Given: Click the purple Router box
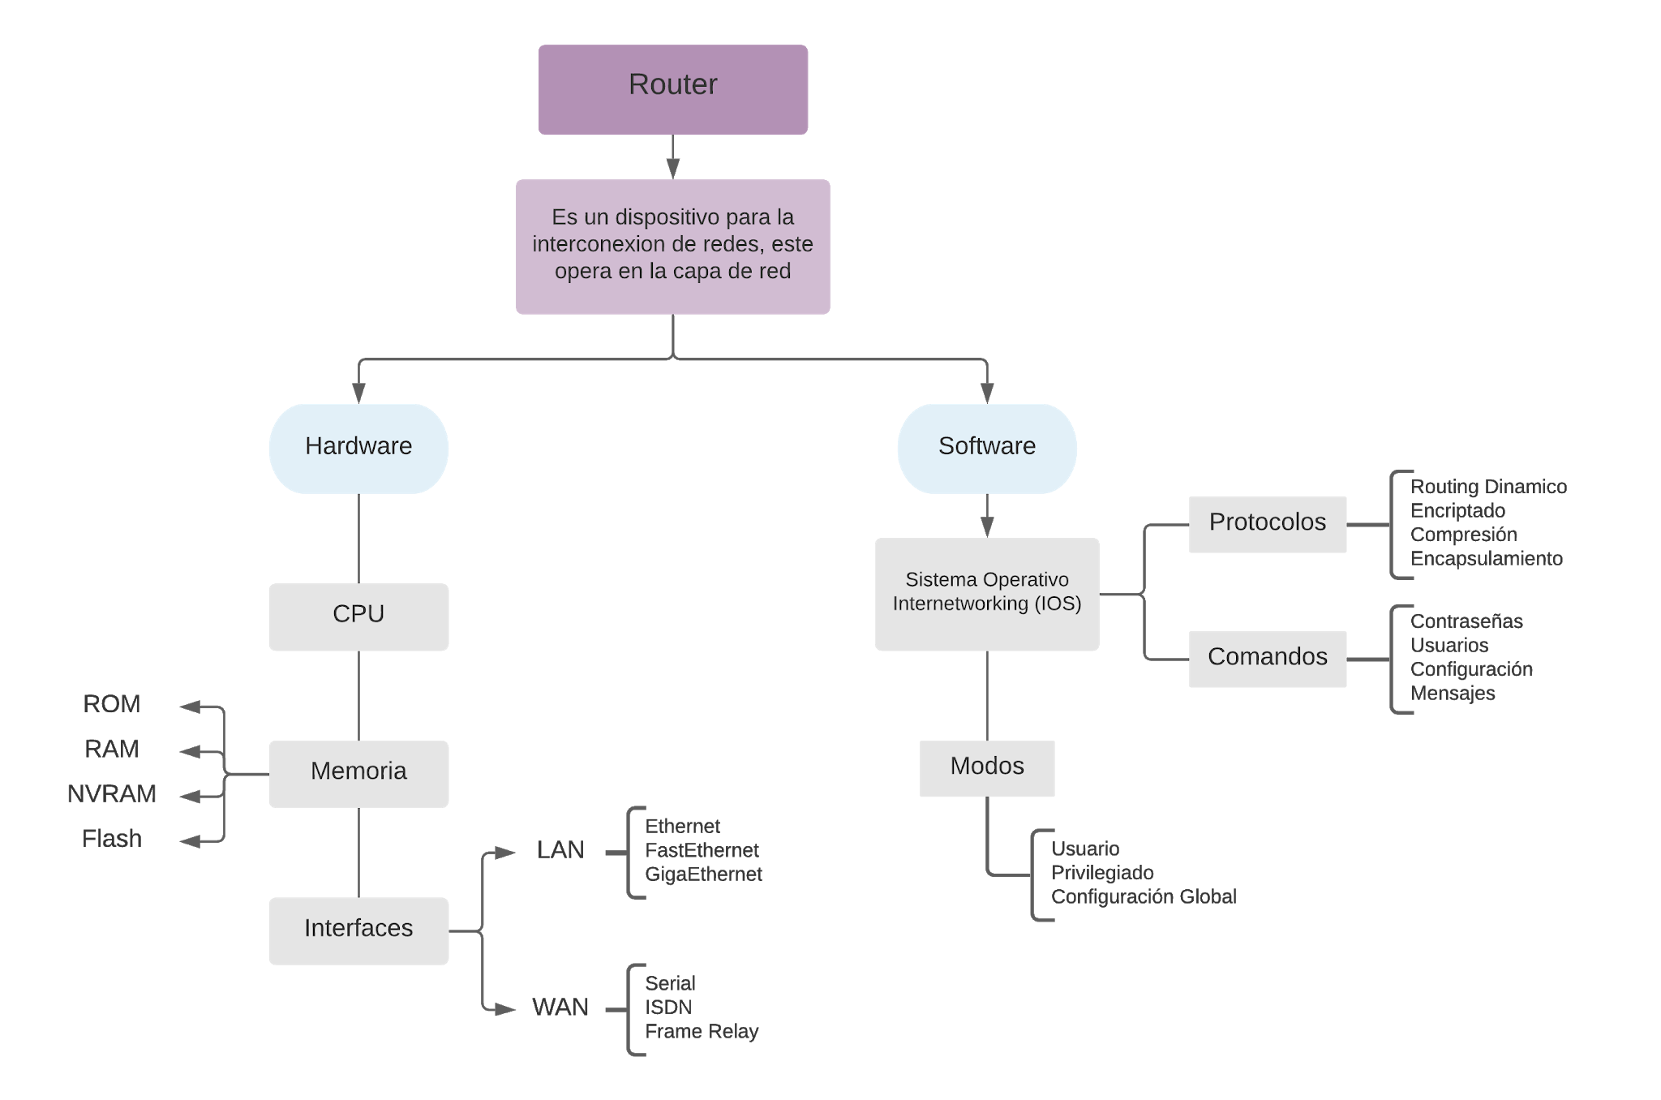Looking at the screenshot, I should click(672, 89).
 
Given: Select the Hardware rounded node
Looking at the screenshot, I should click(358, 448).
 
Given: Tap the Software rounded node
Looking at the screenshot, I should click(986, 448).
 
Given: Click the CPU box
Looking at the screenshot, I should click(358, 617).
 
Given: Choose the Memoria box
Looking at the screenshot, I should click(358, 773).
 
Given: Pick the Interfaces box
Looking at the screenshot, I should click(358, 930).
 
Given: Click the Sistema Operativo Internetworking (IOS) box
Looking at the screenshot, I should click(986, 594).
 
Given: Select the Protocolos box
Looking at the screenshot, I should click(1267, 524).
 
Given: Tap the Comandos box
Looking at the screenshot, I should click(1267, 659).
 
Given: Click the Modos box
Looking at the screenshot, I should click(986, 767).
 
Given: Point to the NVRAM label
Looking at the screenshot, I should click(112, 793).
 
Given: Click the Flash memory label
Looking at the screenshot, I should click(112, 839).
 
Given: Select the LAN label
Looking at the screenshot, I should click(560, 850).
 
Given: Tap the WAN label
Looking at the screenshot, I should click(560, 1008).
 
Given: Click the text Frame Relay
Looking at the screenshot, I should click(702, 1032).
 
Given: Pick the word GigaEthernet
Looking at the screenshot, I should click(703, 874).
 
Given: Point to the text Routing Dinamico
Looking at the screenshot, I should click(1487, 487).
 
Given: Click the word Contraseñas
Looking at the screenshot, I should click(1466, 621).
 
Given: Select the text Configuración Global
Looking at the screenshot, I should click(1144, 896).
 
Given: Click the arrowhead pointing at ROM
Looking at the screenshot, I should click(187, 707).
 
